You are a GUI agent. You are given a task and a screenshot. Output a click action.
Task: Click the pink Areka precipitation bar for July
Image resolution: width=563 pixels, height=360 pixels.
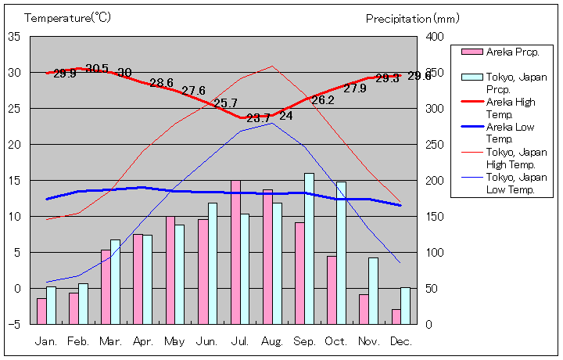click(x=235, y=252)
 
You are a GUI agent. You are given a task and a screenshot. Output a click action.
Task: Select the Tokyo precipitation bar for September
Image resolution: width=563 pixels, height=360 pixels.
click(x=310, y=248)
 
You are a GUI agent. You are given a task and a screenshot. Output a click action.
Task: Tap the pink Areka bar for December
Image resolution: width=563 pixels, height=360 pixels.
click(x=396, y=316)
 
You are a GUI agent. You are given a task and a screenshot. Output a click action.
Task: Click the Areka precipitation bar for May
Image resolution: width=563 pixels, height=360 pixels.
click(x=170, y=270)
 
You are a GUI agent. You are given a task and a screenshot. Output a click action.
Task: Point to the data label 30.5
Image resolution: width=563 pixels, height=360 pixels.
click(x=97, y=69)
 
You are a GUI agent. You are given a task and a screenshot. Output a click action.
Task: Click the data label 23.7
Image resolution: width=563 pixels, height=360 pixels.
click(x=258, y=118)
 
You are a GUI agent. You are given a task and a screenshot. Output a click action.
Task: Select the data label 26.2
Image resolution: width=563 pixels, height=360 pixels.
click(x=323, y=100)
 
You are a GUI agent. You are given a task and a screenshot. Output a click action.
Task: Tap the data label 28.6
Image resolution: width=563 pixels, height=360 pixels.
click(x=162, y=83)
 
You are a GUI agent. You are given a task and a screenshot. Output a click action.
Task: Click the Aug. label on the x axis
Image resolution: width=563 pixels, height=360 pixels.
click(x=272, y=341)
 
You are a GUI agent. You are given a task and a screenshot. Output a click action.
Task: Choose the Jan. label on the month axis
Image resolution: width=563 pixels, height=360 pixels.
click(x=46, y=341)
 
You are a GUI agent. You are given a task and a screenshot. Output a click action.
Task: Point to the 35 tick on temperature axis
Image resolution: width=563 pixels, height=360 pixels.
click(x=14, y=37)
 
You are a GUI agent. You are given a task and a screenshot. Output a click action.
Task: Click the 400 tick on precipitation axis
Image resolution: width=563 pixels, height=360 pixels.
click(x=435, y=37)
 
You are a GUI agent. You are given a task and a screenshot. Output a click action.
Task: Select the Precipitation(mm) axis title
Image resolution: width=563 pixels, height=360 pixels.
click(x=413, y=18)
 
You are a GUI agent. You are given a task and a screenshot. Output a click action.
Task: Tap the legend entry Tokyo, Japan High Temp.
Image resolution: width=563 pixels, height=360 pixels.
click(x=511, y=158)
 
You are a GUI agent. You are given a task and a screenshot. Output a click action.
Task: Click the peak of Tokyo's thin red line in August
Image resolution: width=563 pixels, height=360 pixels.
click(x=272, y=66)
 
